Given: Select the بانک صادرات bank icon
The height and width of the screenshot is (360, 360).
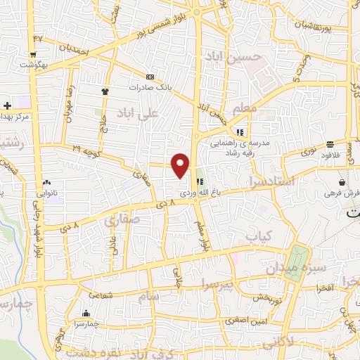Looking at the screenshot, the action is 149,77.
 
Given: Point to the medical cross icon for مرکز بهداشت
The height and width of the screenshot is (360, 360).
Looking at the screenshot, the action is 7,105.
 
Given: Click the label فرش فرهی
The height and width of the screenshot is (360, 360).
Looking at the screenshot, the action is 343,193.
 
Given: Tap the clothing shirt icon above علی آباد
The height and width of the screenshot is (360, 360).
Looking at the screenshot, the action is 105,91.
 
